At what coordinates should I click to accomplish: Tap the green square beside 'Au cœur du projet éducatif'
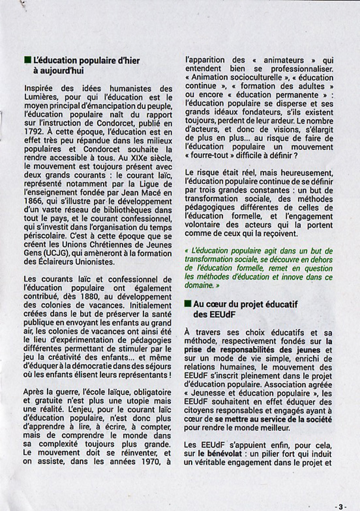tap(188, 303)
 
